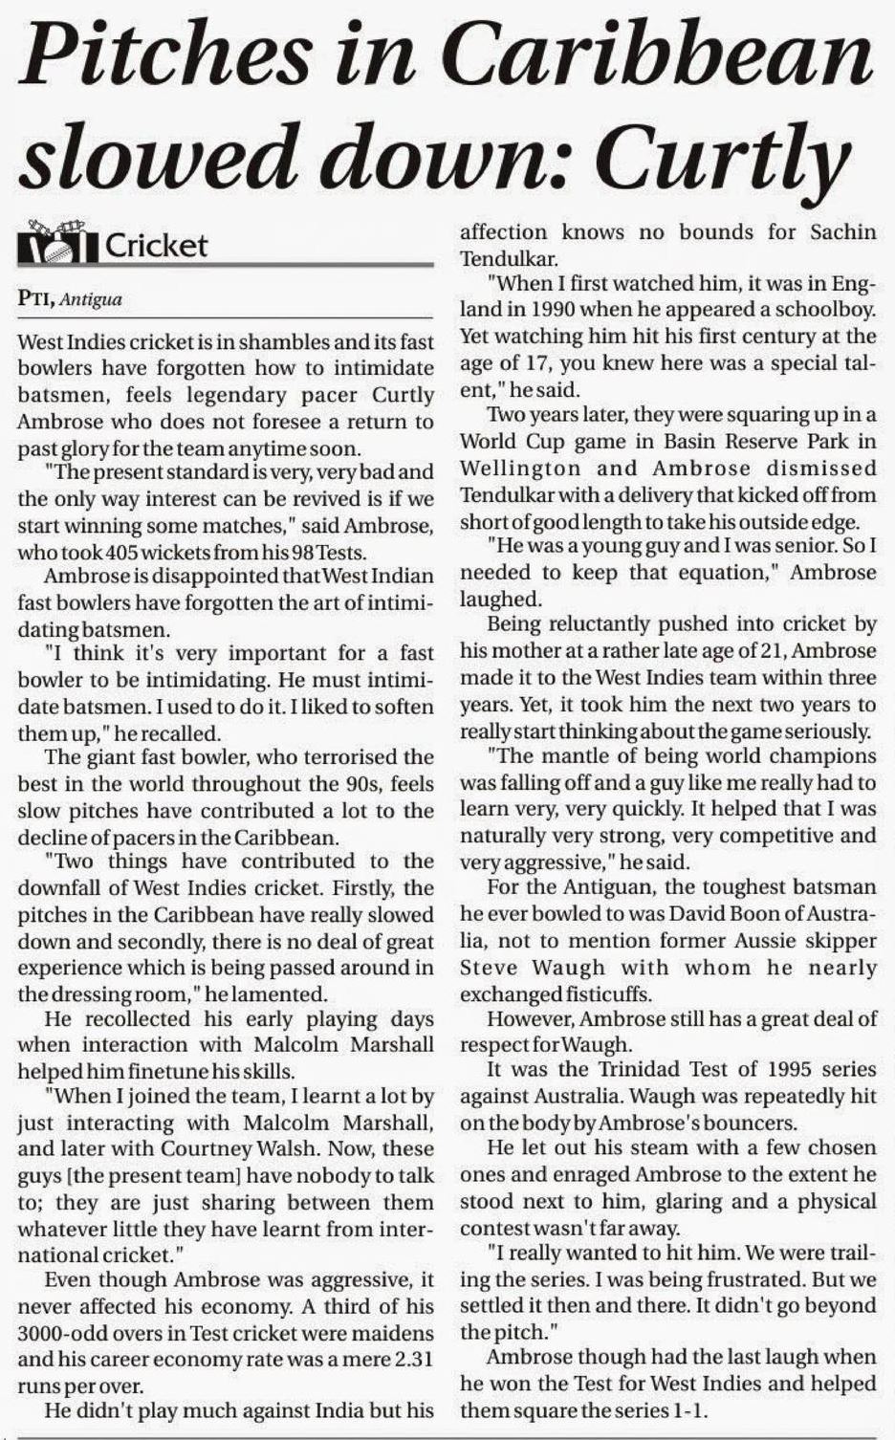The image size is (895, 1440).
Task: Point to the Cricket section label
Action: point(156,246)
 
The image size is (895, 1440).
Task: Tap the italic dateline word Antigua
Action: point(91,300)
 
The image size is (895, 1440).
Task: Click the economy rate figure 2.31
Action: point(414,1358)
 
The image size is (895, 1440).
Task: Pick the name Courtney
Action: point(301,1148)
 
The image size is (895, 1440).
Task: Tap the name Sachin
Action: point(842,232)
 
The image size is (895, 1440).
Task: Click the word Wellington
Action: point(519,469)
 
